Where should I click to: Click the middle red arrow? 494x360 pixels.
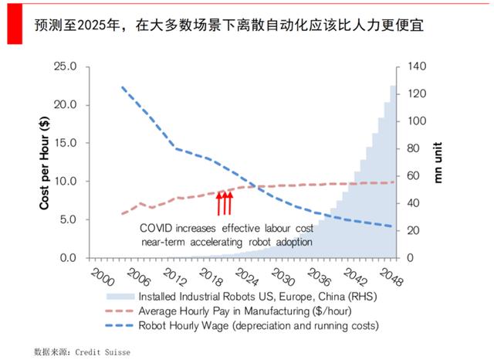click(224, 202)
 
